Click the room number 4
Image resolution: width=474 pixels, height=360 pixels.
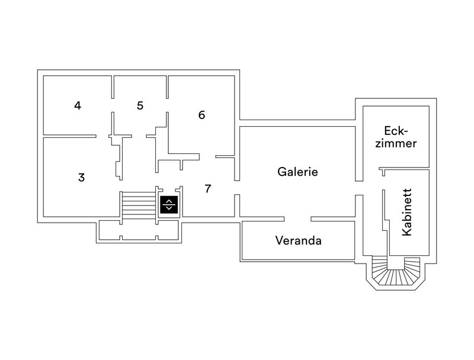(78, 106)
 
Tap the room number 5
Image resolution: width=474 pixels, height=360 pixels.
(140, 106)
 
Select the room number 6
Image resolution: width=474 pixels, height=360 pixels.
(201, 115)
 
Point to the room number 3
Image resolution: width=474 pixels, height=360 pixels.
(82, 177)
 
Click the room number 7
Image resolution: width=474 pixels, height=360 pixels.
(207, 189)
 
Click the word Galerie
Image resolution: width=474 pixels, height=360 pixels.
(298, 172)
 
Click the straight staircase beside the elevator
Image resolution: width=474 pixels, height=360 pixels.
(137, 205)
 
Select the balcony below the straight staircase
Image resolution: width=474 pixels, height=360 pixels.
(139, 231)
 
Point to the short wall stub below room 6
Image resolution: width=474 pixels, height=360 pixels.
(225, 157)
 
